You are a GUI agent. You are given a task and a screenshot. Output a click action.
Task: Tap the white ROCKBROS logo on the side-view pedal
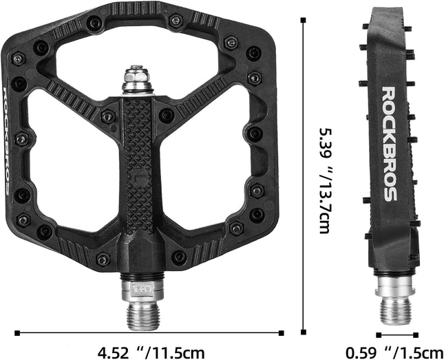389,144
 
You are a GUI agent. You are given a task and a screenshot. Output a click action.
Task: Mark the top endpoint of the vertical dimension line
304,20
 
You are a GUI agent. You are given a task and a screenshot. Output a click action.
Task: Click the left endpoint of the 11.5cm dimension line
16,333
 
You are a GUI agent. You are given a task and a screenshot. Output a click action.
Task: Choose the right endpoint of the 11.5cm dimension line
282,333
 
